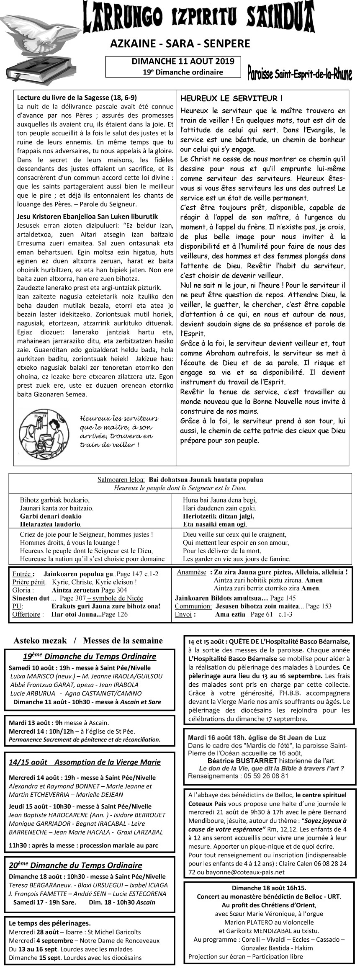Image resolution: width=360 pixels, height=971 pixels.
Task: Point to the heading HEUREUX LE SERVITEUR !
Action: click(x=231, y=98)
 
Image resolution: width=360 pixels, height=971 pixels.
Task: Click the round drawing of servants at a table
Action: click(x=42, y=433)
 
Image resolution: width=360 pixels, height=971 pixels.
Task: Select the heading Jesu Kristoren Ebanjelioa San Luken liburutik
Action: click(x=87, y=216)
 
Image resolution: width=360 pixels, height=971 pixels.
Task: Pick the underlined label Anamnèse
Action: click(x=191, y=572)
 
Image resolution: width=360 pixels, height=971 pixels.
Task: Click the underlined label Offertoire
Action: click(x=26, y=614)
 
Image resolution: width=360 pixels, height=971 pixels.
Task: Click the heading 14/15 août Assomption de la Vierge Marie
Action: click(x=85, y=762)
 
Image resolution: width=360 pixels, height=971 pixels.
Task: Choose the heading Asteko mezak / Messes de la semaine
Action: click(x=88, y=640)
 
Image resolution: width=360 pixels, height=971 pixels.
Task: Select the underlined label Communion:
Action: click(x=193, y=606)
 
